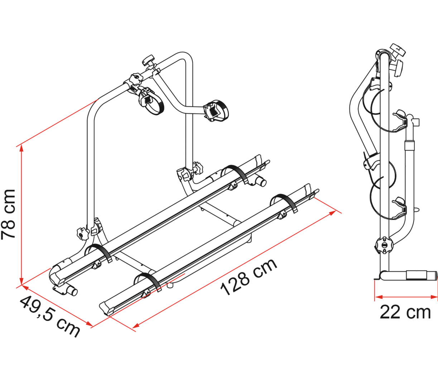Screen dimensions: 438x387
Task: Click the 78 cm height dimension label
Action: point(8,214)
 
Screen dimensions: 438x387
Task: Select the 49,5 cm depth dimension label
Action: point(50,316)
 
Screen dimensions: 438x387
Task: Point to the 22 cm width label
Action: point(405,312)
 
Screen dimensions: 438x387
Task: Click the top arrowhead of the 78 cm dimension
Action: point(21,148)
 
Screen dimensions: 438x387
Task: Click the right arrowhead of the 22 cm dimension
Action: point(434,297)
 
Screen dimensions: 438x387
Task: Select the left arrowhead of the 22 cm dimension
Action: point(378,297)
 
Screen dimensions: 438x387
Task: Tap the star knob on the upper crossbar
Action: point(136,79)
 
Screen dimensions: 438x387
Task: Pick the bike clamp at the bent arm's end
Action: point(216,110)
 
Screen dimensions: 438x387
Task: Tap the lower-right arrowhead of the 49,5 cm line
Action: point(89,324)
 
